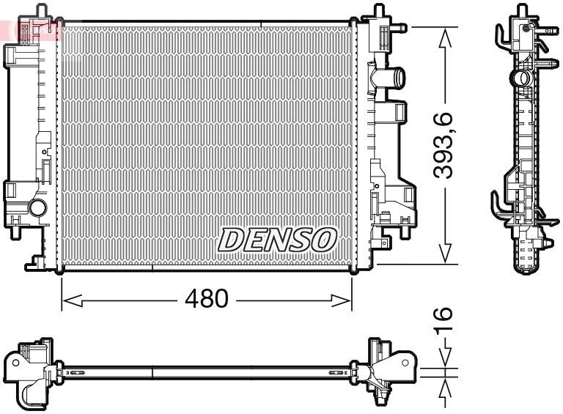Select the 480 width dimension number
(206, 299)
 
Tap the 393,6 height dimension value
(444, 145)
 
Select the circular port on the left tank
(37, 208)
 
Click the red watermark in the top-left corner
(29, 29)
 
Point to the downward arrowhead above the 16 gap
(444, 361)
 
